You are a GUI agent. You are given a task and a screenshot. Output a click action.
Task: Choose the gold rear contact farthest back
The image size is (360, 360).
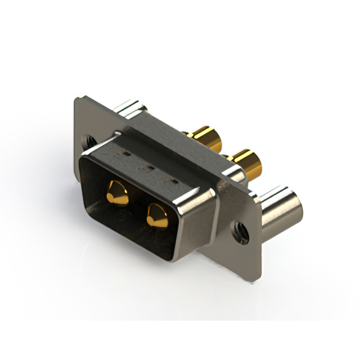205,138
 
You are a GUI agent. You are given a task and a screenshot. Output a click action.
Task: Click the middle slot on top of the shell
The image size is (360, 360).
149,167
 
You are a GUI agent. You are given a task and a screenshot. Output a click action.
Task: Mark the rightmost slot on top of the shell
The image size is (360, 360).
173,181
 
